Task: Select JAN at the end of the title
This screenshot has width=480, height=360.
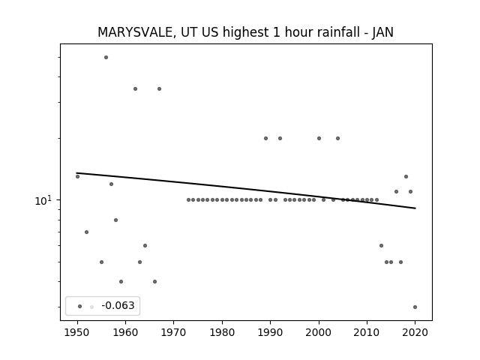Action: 383,32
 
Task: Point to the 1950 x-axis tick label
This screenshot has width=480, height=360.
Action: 77,332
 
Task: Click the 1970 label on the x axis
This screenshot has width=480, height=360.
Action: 173,332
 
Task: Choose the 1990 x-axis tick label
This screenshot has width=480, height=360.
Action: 270,332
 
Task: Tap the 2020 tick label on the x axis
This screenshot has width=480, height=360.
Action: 415,332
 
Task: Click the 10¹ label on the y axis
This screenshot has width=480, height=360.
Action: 43,200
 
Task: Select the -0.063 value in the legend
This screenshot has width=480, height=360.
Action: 118,305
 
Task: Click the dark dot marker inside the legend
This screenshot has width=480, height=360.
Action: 80,306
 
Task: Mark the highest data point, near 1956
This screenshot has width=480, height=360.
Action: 106,57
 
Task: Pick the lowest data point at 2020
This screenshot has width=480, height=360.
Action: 415,307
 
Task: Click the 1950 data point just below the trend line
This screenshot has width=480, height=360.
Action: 77,177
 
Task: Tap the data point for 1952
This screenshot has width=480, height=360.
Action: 87,232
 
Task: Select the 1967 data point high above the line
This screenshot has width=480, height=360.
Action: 159,88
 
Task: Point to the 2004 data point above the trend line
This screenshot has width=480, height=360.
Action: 338,138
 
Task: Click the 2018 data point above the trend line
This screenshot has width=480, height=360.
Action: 406,177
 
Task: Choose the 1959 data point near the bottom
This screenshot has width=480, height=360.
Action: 121,282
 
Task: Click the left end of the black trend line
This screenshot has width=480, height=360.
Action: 76,173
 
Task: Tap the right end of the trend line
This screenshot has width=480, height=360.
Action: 415,208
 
